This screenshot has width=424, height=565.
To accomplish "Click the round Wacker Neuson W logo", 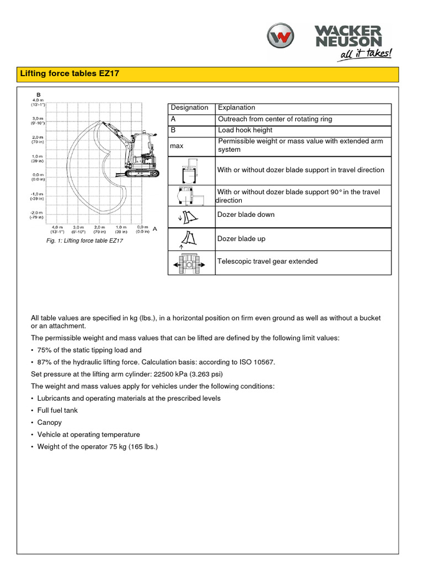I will click(282, 39).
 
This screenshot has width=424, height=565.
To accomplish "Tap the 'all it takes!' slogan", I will click(366, 54).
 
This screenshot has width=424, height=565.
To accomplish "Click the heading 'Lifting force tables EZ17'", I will click(70, 73).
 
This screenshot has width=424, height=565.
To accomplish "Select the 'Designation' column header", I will click(189, 108).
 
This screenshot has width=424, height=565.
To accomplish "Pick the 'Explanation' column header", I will click(236, 108).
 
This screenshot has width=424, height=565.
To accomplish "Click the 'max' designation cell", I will click(177, 146).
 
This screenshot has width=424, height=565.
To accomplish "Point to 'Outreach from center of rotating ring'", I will click(275, 119).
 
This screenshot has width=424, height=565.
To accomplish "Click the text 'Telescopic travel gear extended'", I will click(267, 262).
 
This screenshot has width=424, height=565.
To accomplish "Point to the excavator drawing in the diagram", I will click(135, 154).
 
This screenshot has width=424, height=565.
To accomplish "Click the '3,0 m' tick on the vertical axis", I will click(37, 119).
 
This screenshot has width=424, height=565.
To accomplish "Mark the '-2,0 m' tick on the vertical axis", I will click(37, 213).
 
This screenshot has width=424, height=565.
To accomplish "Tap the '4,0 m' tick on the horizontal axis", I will click(57, 228).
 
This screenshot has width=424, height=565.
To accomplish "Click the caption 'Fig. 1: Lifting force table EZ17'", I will click(85, 241).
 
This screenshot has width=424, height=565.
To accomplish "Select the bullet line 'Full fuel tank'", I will click(57, 411).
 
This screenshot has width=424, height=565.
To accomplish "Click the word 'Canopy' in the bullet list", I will click(49, 423).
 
